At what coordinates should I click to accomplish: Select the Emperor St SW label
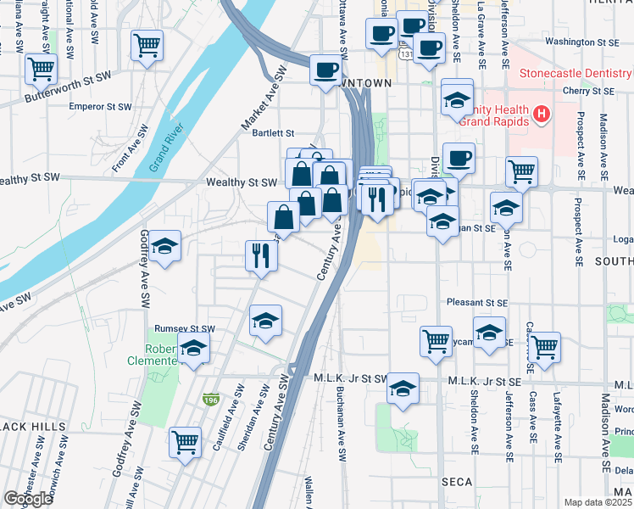(100, 108)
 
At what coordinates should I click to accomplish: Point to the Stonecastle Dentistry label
(576, 73)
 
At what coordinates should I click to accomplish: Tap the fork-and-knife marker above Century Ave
(261, 255)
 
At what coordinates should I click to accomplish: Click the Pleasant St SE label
(477, 302)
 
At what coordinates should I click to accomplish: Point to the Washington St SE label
(583, 41)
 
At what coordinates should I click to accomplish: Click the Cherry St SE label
(590, 89)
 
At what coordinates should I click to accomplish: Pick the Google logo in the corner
(28, 499)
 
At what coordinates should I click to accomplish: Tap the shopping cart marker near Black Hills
(185, 441)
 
